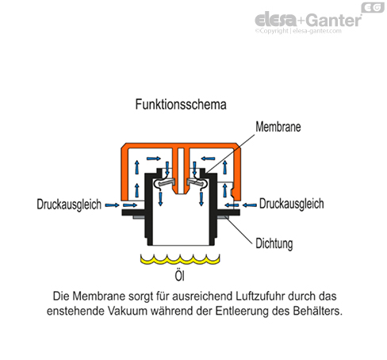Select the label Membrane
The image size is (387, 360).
pos(279,127)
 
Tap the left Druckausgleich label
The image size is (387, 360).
pos(69,205)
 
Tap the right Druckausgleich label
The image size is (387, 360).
pos(291,205)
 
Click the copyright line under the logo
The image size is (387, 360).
pos(305,33)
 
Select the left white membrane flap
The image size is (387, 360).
pos(164,182)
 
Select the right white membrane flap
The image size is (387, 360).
pos(193,182)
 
